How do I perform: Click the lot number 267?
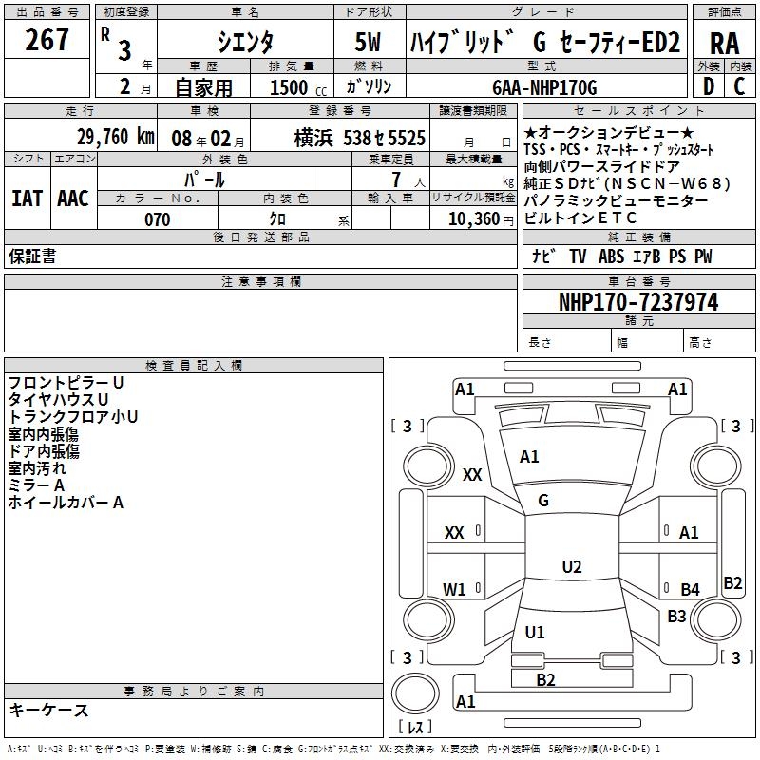tap(47, 41)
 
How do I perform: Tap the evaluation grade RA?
tap(724, 44)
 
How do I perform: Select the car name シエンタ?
tap(245, 43)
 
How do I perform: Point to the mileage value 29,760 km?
tap(114, 136)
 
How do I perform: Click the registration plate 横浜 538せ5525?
tap(359, 138)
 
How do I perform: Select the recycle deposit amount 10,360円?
tap(472, 219)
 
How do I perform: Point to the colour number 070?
tap(158, 219)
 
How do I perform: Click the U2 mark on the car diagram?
tap(571, 567)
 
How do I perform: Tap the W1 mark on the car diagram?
tap(455, 590)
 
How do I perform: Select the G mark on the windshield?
tap(543, 501)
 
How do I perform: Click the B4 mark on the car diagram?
tap(690, 590)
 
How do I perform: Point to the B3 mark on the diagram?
tap(676, 617)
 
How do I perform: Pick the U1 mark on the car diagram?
tap(535, 632)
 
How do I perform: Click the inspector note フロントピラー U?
tap(66, 382)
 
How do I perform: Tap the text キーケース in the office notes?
tap(48, 710)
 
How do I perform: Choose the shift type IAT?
tap(27, 198)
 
